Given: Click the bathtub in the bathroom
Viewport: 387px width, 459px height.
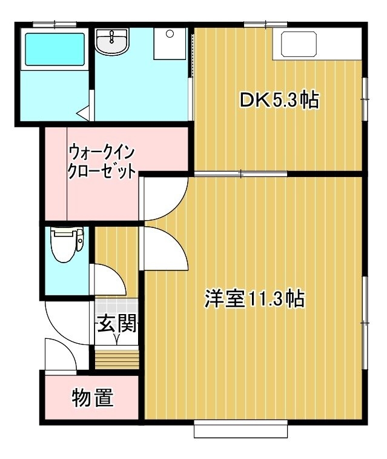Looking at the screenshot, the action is tap(55, 49).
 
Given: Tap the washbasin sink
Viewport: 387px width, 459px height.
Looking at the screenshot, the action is tap(112, 41).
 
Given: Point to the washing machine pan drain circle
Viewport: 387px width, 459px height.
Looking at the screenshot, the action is tap(170, 34).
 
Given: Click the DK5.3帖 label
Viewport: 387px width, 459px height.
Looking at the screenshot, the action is tap(279, 100).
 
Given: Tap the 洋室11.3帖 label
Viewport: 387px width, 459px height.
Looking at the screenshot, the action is tap(254, 299).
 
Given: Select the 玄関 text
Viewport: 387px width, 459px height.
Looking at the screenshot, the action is tap(117, 323).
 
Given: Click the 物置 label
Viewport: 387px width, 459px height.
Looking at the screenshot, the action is tap(93, 398).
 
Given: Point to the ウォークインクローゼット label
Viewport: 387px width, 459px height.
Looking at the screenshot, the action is tap(102, 162).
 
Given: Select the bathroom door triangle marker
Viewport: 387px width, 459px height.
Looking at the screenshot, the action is tap(83, 113).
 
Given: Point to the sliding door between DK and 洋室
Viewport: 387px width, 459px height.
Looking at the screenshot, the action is tap(241, 174).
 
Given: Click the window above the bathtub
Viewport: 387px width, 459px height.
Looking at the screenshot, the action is tap(55, 25).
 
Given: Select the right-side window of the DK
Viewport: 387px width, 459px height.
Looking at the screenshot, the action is tap(365, 99).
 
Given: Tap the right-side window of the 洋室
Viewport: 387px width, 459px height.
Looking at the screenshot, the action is tap(365, 323).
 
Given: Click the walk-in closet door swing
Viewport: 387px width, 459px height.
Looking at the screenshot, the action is tap(164, 199).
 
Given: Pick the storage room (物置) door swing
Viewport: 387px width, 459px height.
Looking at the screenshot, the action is tap(61, 354).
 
